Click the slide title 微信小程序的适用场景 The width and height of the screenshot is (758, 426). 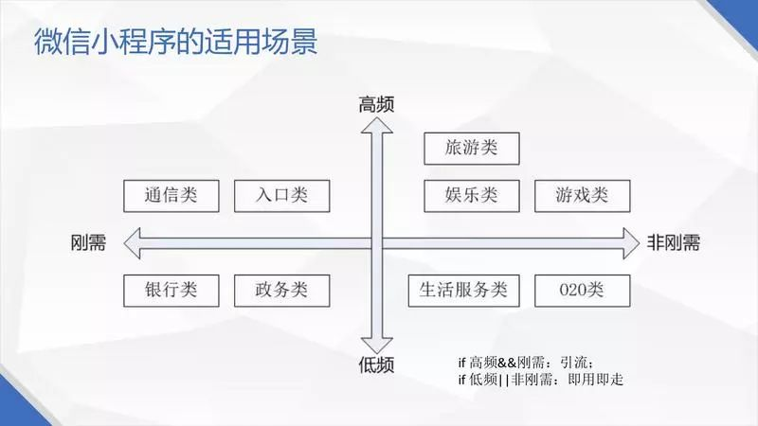(175, 44)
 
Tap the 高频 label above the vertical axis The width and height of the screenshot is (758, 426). (376, 104)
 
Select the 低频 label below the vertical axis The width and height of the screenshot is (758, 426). (376, 364)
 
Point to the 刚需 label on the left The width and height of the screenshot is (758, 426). (89, 242)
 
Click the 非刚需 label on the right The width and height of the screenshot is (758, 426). (674, 242)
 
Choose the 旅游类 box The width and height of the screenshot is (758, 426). (471, 148)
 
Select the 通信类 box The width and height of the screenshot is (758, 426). (171, 195)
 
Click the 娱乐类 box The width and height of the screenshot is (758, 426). (471, 195)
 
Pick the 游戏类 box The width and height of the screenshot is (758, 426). (582, 195)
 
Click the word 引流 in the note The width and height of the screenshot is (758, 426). (575, 363)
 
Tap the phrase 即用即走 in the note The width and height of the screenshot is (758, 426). (595, 380)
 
